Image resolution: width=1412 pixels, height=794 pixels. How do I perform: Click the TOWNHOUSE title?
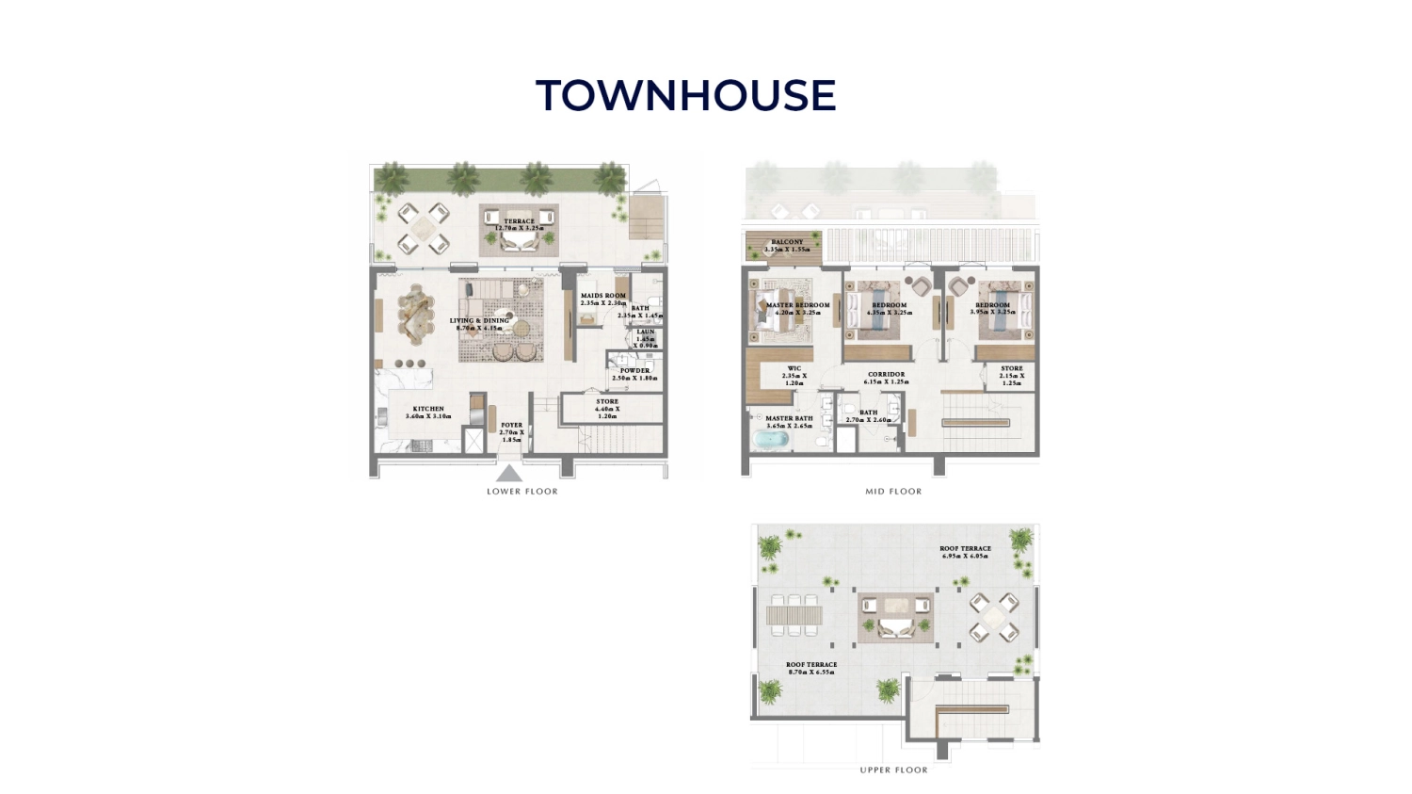pyautogui.click(x=685, y=96)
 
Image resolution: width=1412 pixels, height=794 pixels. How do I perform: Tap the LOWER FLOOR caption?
pyautogui.click(x=521, y=492)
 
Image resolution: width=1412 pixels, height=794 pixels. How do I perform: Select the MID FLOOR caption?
pyautogui.click(x=893, y=492)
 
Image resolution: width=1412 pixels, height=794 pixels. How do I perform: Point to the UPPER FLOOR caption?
pyautogui.click(x=893, y=770)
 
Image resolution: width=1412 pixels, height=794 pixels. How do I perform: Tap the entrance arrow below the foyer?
pyautogui.click(x=509, y=473)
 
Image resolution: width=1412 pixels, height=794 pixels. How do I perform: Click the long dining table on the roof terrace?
pyautogui.click(x=794, y=615)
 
